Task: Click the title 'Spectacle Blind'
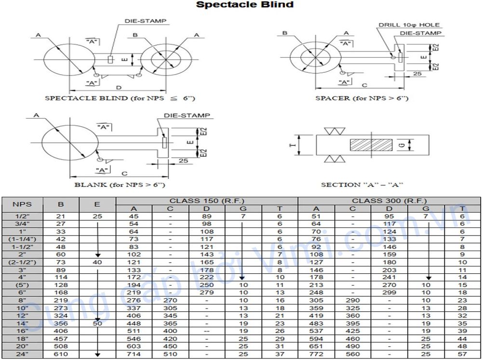click(244, 5)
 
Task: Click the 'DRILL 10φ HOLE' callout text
click(409, 25)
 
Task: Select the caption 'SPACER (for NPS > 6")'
click(361, 98)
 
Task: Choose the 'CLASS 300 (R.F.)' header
click(389, 200)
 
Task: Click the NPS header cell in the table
click(22, 204)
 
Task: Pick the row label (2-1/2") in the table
click(22, 262)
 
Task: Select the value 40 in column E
click(97, 262)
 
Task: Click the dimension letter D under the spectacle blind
click(119, 87)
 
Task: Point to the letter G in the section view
click(402, 144)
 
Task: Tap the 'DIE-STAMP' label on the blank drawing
click(187, 116)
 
